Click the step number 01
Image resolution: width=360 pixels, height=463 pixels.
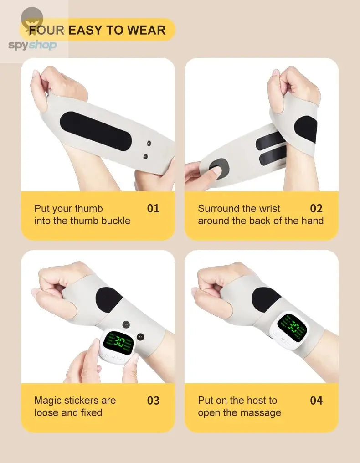pyautogui.click(x=153, y=209)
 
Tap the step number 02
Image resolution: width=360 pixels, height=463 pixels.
pyautogui.click(x=316, y=209)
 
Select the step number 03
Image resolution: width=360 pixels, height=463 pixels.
pyautogui.click(x=153, y=401)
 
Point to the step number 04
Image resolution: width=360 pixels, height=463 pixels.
pyautogui.click(x=316, y=401)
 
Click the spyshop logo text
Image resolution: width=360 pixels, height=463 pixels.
pyautogui.click(x=32, y=45)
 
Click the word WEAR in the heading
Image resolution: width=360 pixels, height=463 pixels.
pyautogui.click(x=146, y=31)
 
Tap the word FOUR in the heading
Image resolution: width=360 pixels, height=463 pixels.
pyautogui.click(x=47, y=31)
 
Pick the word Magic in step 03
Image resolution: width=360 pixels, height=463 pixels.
pyautogui.click(x=47, y=401)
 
